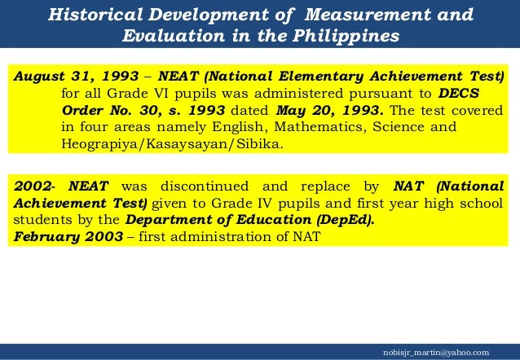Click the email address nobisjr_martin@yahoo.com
point(441,351)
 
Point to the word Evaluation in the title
point(170,37)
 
